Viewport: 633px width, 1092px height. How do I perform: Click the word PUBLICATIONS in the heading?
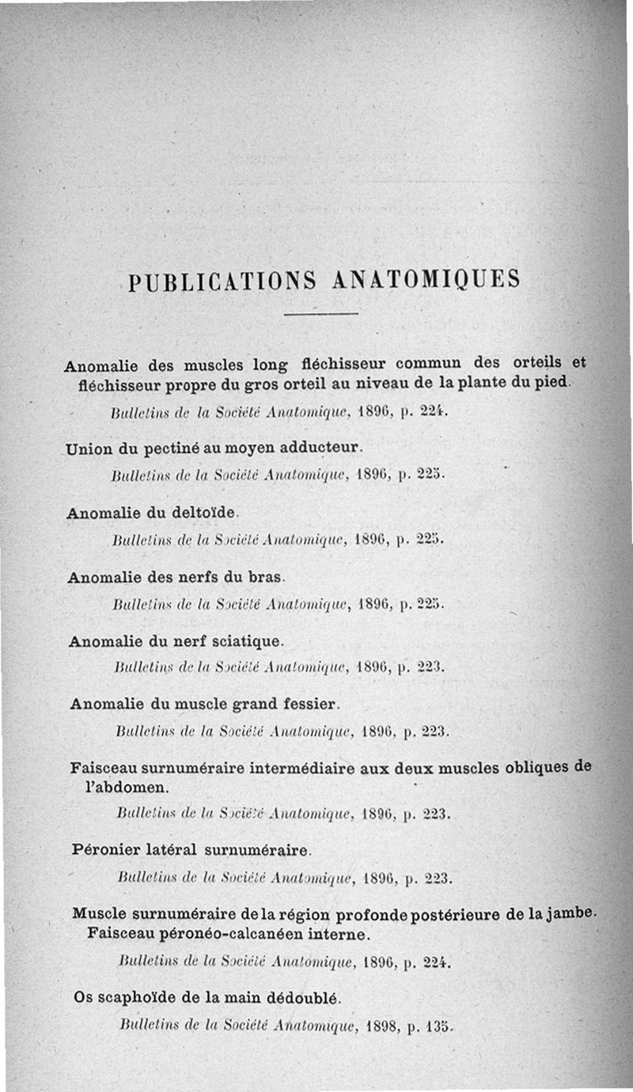coord(221,282)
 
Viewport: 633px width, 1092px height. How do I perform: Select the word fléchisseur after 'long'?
coord(343,365)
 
